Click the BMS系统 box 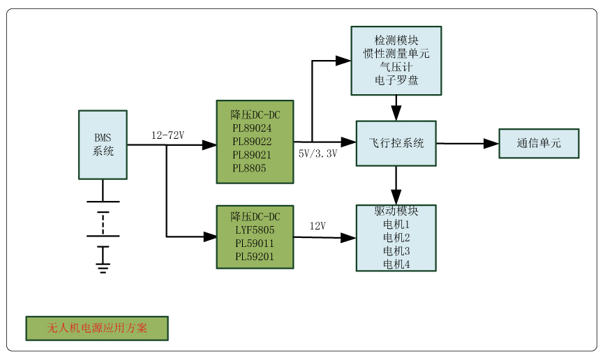coord(103,144)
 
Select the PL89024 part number coord(252,128)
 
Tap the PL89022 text coord(252,142)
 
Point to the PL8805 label coord(249,168)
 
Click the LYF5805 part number coord(255,230)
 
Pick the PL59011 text coord(255,243)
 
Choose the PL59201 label coord(255,257)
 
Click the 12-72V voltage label coord(167,135)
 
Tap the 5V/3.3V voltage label coord(318,153)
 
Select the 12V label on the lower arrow coord(318,226)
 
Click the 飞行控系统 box coord(396,143)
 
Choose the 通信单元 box coord(539,143)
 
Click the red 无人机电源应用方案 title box coord(97,328)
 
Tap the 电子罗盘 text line coord(396,80)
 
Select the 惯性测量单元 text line coord(396,54)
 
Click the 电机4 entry coord(396,264)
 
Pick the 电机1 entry coord(396,225)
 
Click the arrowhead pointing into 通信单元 coord(491,144)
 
